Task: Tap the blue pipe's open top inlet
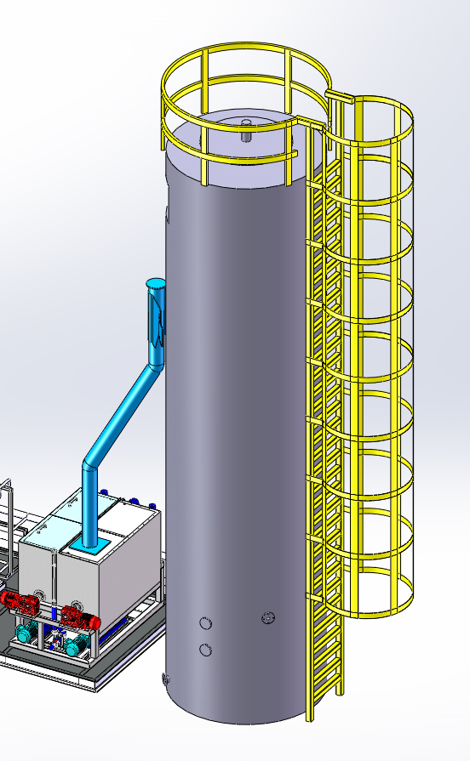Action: click(x=155, y=282)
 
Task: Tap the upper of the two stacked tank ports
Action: click(x=205, y=623)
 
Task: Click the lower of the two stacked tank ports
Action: click(x=205, y=650)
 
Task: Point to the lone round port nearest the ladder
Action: click(x=269, y=617)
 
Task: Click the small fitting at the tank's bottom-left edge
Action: click(x=164, y=679)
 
